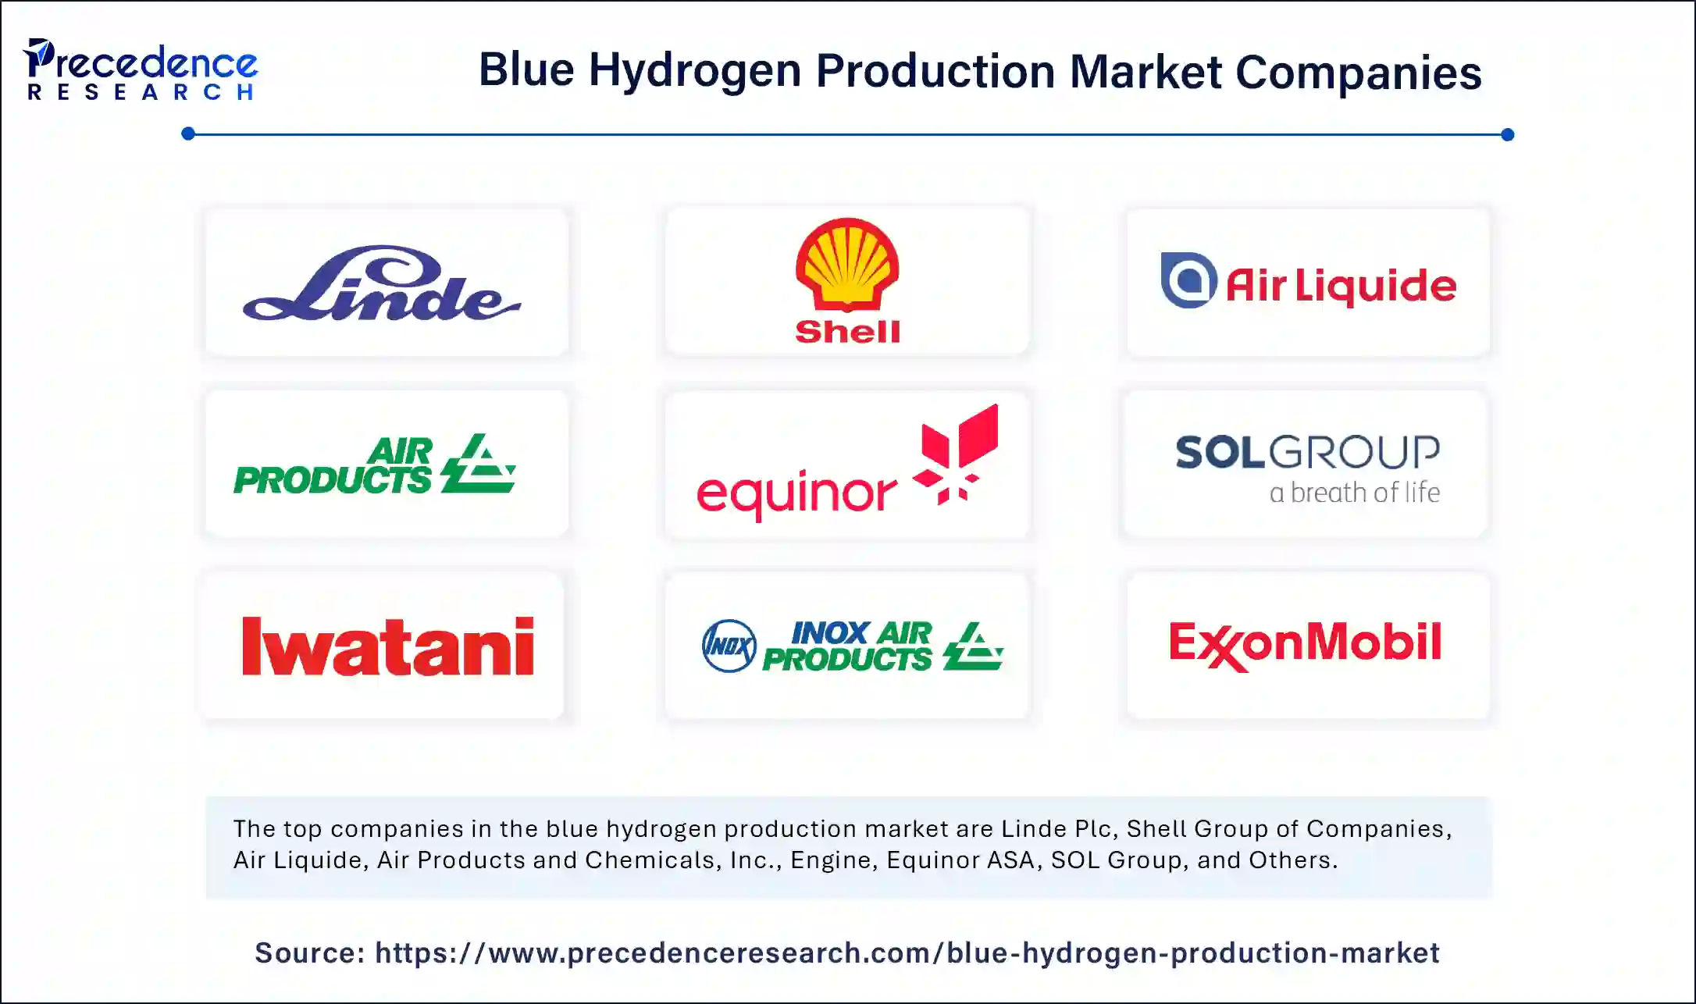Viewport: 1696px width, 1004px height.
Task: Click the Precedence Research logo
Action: point(141,70)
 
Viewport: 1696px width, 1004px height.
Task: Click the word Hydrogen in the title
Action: point(695,71)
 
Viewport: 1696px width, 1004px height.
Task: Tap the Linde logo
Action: point(382,285)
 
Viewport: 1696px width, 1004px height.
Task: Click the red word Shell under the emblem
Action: point(847,332)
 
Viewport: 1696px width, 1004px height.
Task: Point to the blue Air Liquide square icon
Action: point(1188,280)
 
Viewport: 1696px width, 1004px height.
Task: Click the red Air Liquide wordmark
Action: point(1341,286)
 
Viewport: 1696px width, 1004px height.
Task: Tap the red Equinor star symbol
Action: point(958,453)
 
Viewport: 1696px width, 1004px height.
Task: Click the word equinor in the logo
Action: point(796,493)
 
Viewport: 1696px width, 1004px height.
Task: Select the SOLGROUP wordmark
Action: point(1307,452)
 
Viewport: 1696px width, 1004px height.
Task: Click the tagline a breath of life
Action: point(1354,493)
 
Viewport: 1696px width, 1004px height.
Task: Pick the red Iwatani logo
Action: point(388,646)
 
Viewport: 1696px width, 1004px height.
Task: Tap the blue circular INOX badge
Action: point(729,646)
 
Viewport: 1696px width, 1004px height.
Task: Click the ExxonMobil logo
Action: point(1305,644)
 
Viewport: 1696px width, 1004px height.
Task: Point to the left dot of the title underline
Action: point(188,134)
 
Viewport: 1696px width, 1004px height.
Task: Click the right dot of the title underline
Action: point(1507,134)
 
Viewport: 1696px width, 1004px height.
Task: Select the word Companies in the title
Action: point(1358,73)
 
